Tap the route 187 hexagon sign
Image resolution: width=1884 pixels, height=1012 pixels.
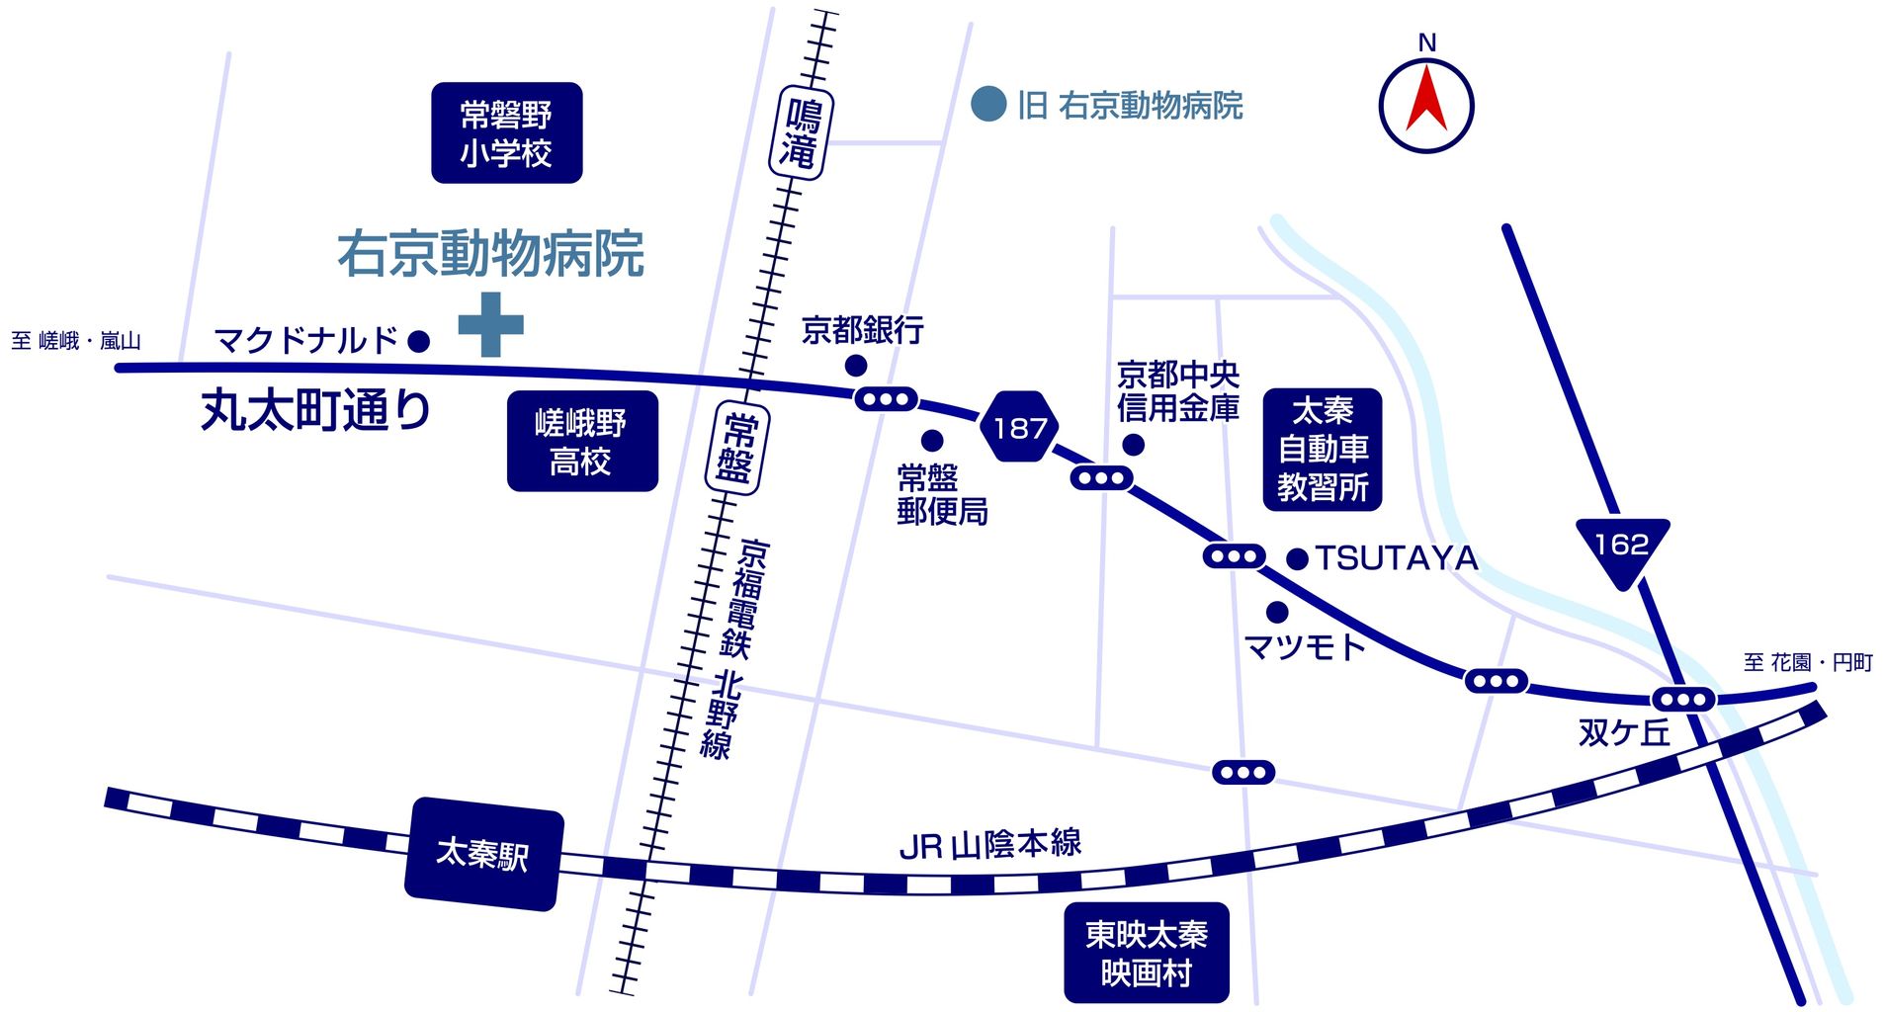tap(1019, 427)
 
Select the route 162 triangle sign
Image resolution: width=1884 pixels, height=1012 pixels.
tap(1622, 548)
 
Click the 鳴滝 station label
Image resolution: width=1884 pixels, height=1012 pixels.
tap(800, 132)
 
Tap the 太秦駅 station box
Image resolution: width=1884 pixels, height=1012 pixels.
tap(483, 854)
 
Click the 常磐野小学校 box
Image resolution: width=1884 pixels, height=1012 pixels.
tap(506, 132)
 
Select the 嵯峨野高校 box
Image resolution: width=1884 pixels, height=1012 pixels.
tap(581, 441)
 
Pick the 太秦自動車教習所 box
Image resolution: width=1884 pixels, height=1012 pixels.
tap(1323, 450)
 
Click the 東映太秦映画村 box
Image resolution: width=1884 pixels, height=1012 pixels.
tap(1146, 953)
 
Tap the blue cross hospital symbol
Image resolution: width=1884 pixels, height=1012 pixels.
tap(490, 324)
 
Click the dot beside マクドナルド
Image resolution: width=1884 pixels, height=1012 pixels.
tap(419, 341)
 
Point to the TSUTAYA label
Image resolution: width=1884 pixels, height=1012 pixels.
tap(1396, 558)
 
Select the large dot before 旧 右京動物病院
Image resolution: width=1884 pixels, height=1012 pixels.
tap(988, 104)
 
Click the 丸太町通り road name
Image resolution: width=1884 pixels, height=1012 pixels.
tap(316, 410)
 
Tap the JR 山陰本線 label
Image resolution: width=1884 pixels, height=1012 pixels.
tap(990, 845)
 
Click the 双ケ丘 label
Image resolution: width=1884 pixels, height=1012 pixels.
tap(1624, 732)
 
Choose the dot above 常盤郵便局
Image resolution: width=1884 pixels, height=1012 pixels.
tap(931, 440)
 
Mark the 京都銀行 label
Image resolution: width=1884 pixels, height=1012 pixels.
tap(862, 330)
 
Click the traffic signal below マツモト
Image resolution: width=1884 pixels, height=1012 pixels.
tap(1243, 772)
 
